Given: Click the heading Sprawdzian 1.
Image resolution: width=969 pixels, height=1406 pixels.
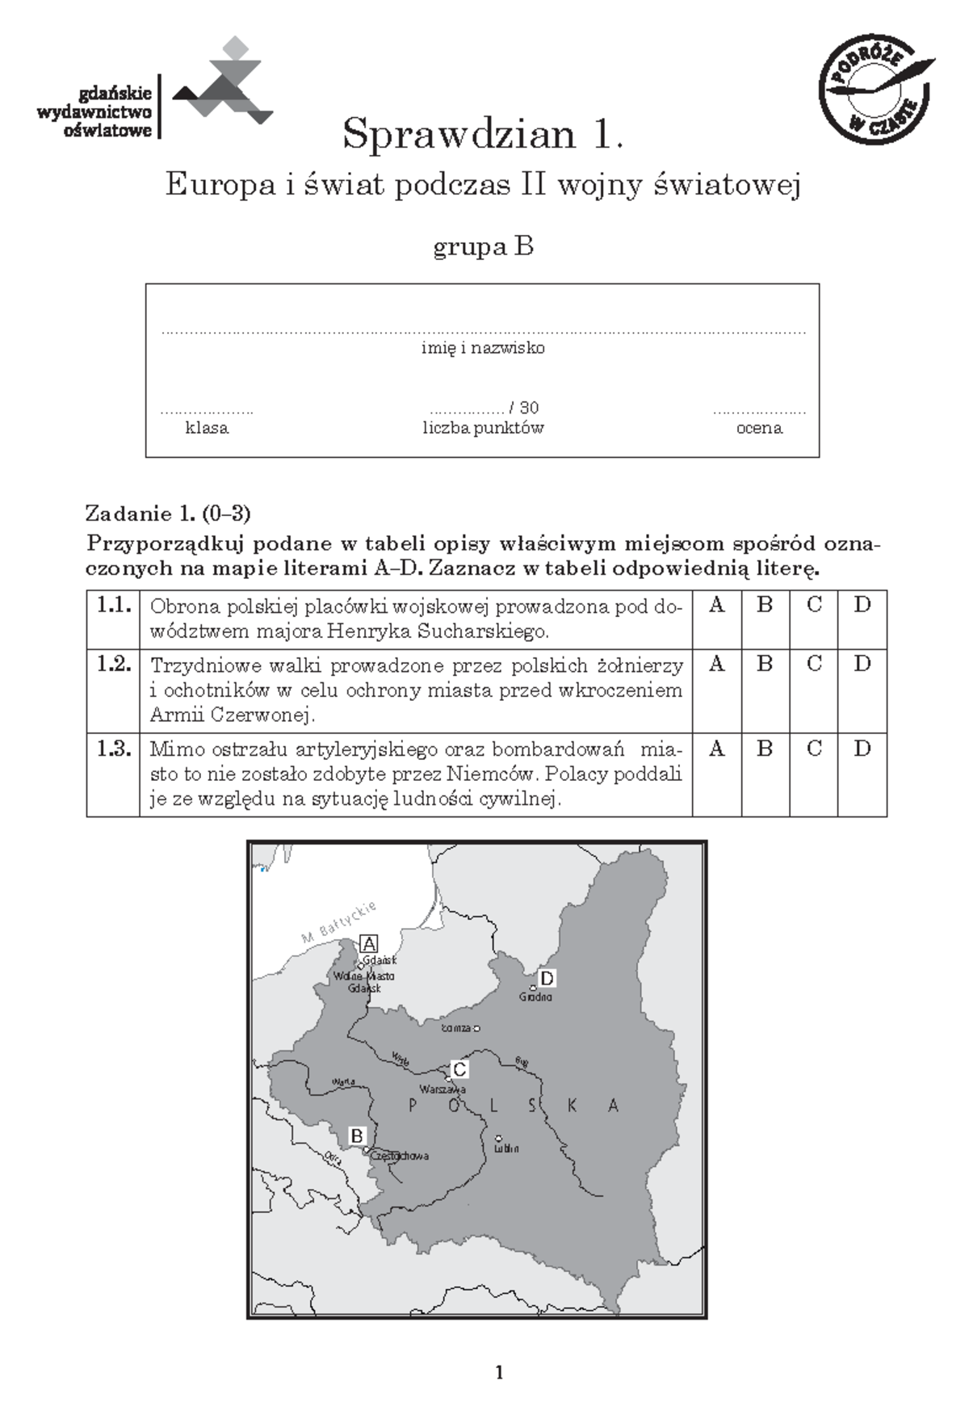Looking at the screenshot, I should pos(483,134).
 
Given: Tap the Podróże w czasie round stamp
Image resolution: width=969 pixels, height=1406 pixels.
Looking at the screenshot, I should pos(875,91).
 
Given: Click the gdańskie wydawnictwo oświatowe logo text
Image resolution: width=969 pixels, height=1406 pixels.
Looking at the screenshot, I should pos(95,112).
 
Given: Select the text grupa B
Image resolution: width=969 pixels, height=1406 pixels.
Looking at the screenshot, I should pos(483,246).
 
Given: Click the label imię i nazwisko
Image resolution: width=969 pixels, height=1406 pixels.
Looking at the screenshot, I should pos(483,348).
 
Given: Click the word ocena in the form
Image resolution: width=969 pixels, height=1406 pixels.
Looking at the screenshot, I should pos(759,428).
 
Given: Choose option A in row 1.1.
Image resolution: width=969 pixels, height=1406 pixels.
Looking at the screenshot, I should pos(716,605).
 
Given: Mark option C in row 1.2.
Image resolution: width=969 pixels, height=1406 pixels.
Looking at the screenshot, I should pos(814,664).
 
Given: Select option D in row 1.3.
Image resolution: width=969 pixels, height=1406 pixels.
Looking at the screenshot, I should pos(862,749).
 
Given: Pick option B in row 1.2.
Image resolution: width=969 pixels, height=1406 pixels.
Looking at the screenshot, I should pos(765,664).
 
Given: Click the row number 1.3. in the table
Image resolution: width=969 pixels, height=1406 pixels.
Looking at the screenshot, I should pos(113,749).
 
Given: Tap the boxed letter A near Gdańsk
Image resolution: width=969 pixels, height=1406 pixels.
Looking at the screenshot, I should pos(369,943).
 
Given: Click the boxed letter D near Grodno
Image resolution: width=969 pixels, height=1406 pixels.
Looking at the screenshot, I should pos(547,979).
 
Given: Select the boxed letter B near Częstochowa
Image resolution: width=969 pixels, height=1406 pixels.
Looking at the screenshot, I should pos(357,1135).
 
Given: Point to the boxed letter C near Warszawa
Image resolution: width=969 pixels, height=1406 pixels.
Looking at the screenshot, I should pos(459,1070).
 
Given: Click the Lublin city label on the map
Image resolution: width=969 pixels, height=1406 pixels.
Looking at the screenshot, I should pos(506,1148).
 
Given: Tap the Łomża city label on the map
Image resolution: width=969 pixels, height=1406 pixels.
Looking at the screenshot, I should pos(456,1029).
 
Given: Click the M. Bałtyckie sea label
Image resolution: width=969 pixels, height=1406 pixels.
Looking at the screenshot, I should pos(339,922).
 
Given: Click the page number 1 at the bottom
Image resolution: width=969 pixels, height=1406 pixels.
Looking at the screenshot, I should pos(499,1372).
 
